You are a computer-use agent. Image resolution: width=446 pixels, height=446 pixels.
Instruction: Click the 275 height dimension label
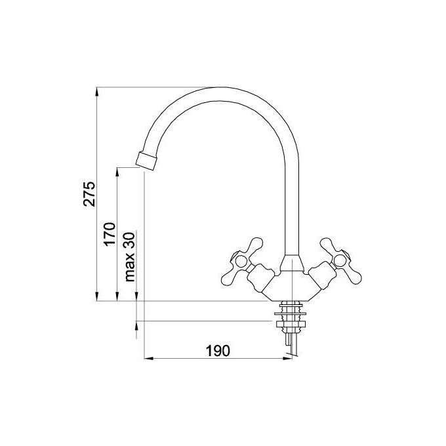(x=89, y=193)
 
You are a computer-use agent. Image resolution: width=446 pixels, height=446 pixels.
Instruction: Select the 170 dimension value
(x=110, y=234)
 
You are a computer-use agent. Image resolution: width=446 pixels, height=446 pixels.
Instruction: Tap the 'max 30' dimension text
(x=130, y=257)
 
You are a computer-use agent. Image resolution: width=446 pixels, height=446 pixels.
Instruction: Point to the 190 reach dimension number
(x=218, y=351)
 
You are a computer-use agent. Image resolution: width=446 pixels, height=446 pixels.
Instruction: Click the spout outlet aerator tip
(x=146, y=161)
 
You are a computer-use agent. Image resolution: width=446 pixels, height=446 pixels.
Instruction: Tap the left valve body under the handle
(x=260, y=277)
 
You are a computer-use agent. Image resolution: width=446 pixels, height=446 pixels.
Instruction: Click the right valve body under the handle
(x=322, y=277)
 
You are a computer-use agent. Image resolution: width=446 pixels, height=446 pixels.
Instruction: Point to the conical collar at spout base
(x=292, y=264)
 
